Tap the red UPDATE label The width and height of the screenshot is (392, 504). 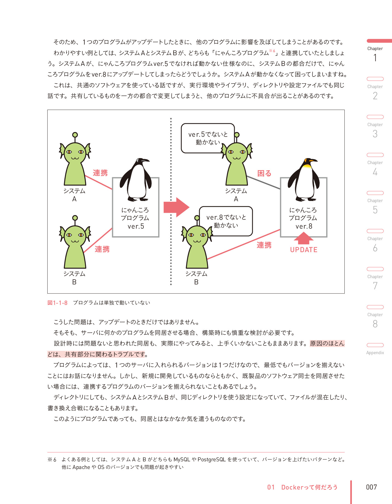[x=304, y=250]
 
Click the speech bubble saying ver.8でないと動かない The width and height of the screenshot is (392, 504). [x=226, y=221]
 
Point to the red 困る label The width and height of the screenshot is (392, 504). [x=264, y=173]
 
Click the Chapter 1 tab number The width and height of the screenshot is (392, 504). [x=375, y=58]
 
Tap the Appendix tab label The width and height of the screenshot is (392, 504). [x=375, y=352]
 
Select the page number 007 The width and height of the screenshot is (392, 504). [x=371, y=487]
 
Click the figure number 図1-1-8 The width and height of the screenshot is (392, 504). [x=57, y=303]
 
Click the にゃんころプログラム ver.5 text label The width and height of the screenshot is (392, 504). [x=135, y=218]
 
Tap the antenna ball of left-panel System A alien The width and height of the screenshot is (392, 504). [x=75, y=135]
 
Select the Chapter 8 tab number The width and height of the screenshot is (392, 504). [x=375, y=324]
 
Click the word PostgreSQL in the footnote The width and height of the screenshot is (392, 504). [x=211, y=459]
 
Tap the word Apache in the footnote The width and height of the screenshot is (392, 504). [x=81, y=467]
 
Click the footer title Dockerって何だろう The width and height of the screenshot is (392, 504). [x=309, y=487]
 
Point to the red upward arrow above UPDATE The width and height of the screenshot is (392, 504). [x=303, y=238]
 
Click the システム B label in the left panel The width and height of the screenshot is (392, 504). [x=74, y=278]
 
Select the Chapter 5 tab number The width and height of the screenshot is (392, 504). [x=375, y=210]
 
